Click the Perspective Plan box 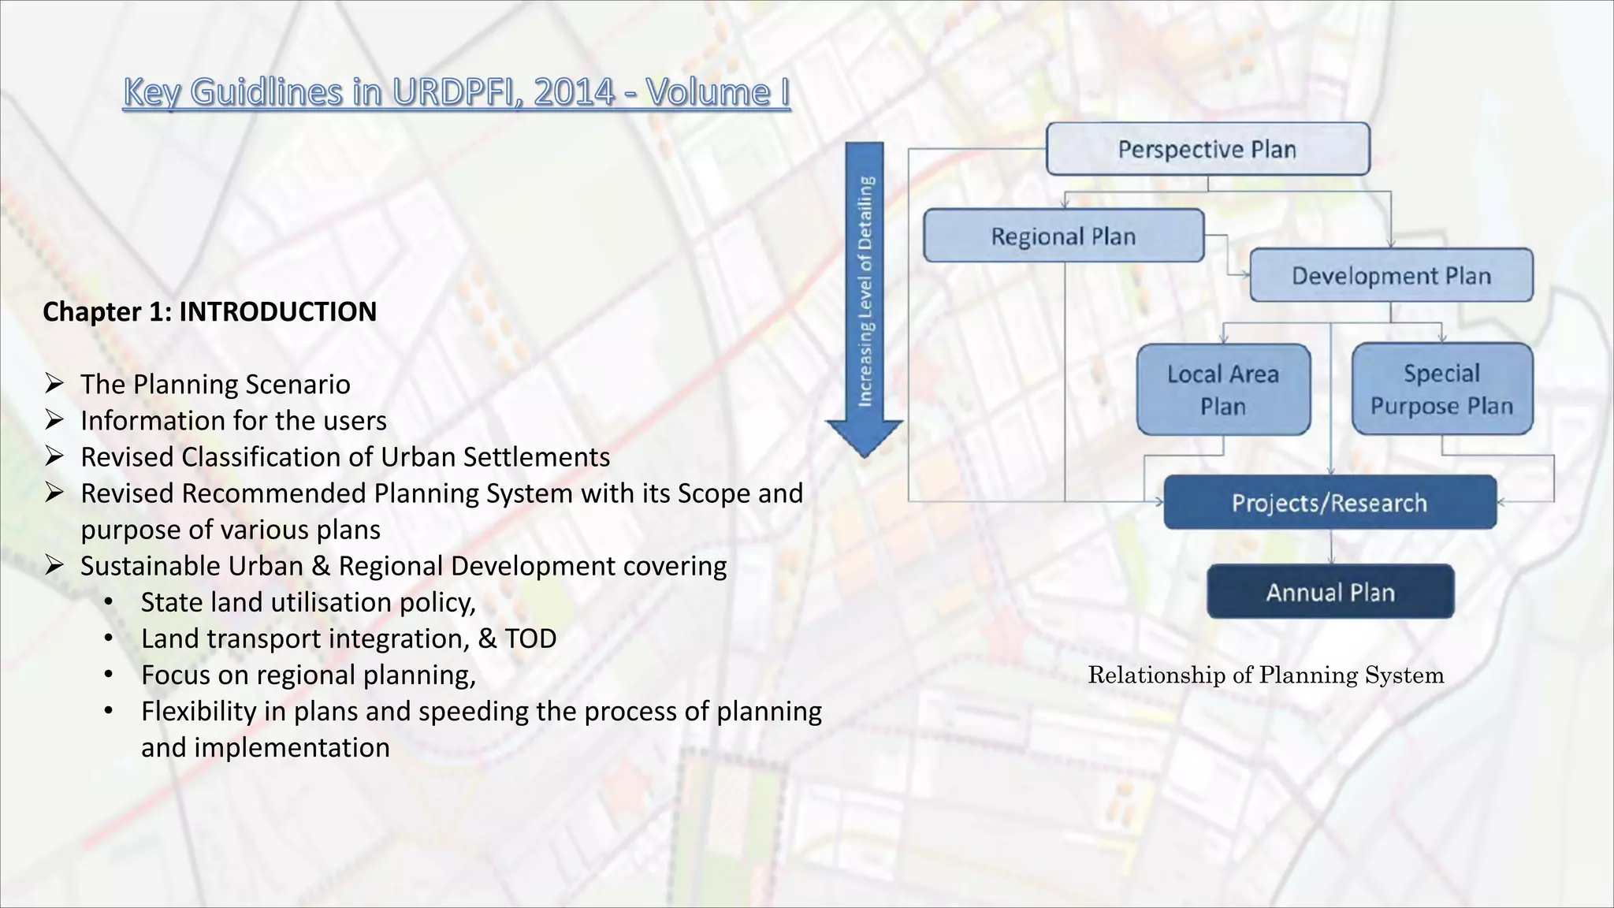(1207, 149)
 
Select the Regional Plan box (1063, 236)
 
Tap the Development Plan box (1391, 276)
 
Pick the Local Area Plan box (1223, 389)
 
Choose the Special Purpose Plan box (1441, 389)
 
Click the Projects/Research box (1330, 502)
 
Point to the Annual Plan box (1330, 592)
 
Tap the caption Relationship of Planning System (1266, 675)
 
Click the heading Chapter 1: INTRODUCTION (210, 311)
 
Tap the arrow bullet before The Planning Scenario (54, 384)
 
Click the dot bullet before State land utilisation (109, 603)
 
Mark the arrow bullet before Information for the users (54, 420)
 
